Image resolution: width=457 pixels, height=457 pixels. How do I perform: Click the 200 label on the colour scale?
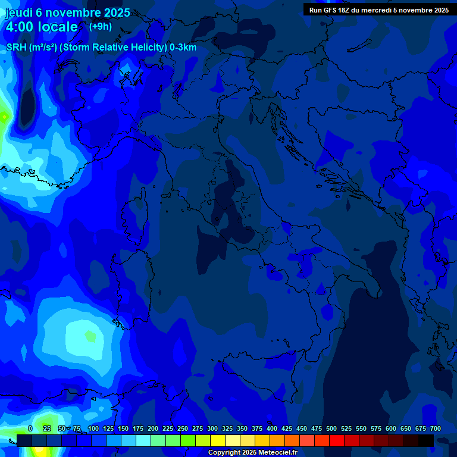[153, 428]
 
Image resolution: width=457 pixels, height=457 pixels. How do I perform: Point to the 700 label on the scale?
[435, 428]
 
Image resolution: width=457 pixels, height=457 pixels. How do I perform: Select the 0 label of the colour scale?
[30, 428]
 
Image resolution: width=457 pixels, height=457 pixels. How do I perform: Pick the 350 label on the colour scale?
[242, 428]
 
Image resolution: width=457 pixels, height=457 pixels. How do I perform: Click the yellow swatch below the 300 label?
[218, 440]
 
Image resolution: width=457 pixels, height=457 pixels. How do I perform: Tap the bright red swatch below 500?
[337, 440]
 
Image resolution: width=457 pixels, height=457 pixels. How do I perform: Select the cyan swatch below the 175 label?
[143, 440]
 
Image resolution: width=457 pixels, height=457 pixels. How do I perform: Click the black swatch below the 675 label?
[426, 440]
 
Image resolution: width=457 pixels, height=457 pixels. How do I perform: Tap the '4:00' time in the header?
[19, 27]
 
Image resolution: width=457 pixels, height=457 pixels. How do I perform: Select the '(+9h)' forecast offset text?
[101, 26]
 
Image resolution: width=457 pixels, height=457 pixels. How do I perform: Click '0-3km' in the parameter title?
[183, 48]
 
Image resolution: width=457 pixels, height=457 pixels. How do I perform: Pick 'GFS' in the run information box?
[330, 10]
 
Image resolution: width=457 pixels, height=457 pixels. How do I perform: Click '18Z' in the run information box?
[347, 10]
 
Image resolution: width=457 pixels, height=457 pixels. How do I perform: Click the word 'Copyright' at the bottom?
[224, 453]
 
